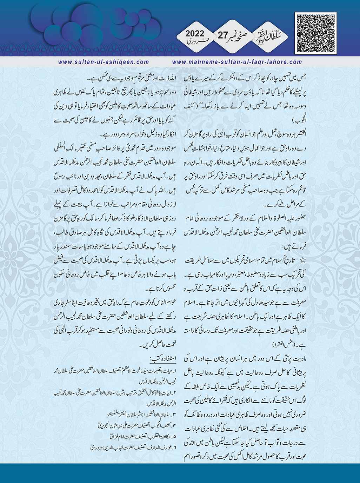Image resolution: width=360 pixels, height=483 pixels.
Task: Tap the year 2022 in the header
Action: click(194, 34)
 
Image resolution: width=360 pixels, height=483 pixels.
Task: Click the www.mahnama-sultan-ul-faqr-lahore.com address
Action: click(237, 62)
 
